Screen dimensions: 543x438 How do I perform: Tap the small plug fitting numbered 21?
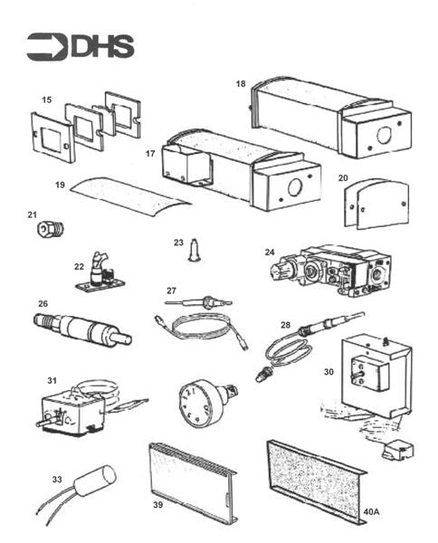coord(44,230)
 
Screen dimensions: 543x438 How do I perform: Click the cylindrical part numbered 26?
coord(81,328)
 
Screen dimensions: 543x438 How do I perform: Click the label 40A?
coord(371,512)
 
